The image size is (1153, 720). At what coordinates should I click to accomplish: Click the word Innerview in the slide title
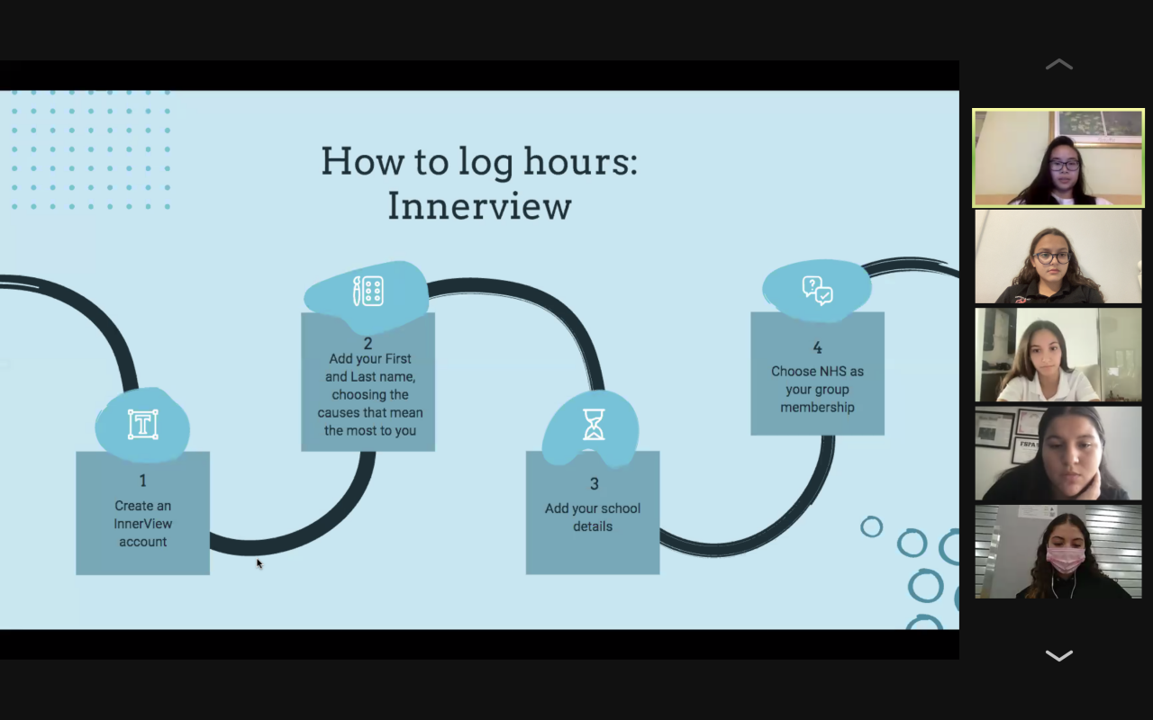point(479,206)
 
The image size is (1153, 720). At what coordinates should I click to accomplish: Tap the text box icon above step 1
point(142,424)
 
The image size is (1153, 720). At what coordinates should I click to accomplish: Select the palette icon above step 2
point(368,291)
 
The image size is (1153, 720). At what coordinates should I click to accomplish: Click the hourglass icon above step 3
point(594,424)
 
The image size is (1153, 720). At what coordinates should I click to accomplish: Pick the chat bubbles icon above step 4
point(817,290)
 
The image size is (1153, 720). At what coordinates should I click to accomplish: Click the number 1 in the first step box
point(142,481)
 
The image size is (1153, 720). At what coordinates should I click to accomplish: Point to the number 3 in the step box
point(594,484)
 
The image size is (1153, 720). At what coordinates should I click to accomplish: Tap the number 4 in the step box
point(817,347)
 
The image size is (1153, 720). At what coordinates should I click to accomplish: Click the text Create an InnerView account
point(142,524)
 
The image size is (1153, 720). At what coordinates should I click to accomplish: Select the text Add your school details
point(593,517)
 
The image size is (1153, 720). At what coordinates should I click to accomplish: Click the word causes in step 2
point(339,412)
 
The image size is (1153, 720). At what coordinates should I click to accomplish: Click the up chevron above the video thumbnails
point(1058,65)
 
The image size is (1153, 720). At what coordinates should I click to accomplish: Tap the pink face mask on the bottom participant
point(1065,560)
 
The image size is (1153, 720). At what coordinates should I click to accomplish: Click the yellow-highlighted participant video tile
point(1058,158)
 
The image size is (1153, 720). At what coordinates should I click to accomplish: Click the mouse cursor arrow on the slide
point(259,563)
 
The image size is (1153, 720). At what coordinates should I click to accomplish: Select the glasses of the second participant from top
point(1051,257)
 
